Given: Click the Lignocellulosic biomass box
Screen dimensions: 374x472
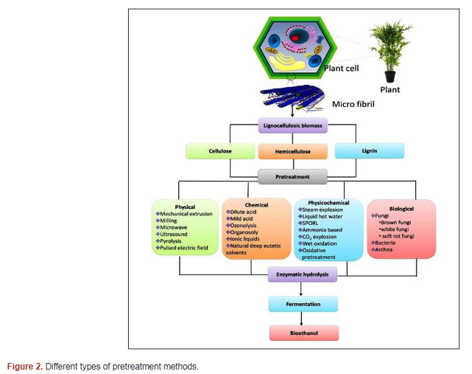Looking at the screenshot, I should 292,126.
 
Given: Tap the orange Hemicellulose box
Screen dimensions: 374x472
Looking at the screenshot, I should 292,151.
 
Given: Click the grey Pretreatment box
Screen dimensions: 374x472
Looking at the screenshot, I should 292,177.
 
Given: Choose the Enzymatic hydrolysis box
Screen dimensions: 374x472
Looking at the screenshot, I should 302,274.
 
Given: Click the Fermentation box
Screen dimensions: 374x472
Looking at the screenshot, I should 302,303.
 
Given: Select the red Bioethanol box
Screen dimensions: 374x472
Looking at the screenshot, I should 302,333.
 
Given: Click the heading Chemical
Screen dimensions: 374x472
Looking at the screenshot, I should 256,205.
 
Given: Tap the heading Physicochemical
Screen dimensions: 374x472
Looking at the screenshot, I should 328,202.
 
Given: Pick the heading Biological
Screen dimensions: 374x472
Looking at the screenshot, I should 401,209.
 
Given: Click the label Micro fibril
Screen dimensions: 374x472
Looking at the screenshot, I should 354,104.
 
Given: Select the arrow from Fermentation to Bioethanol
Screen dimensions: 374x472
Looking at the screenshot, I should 302,318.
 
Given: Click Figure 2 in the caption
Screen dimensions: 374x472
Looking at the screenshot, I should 24,367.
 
